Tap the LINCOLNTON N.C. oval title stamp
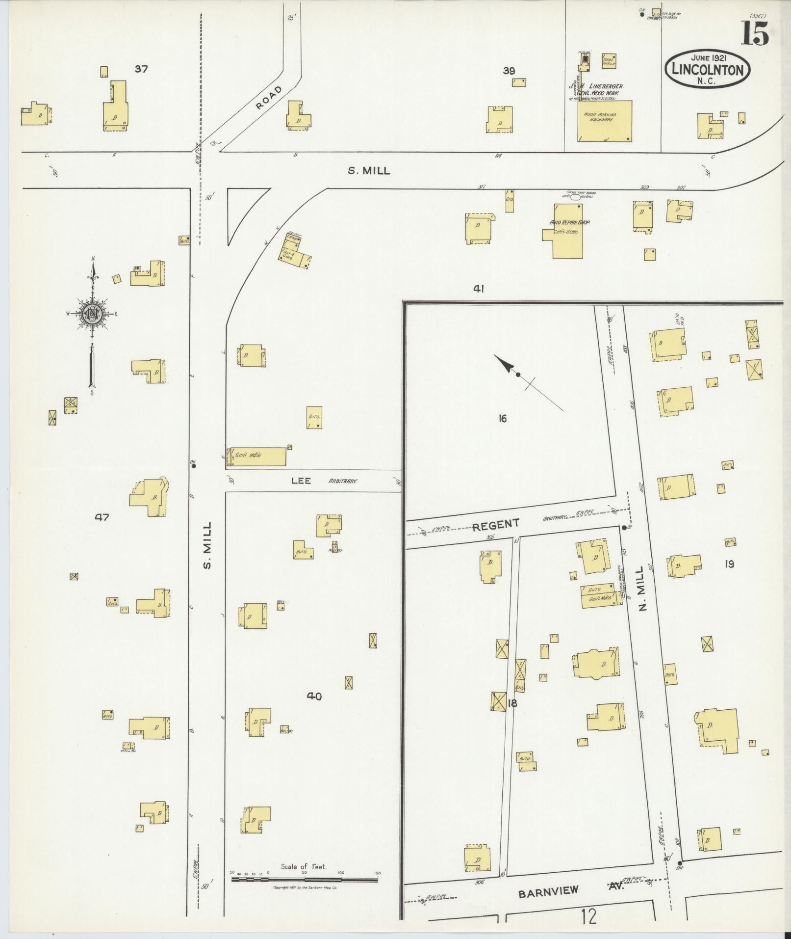coord(707,69)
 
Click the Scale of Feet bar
coord(304,537)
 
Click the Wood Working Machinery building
coord(604,121)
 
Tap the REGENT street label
coord(495,525)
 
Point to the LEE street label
coord(301,481)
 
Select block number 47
coord(102,517)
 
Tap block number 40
coord(314,696)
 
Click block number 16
coord(502,419)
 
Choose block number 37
coord(141,69)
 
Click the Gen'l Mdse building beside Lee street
coord(255,456)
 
